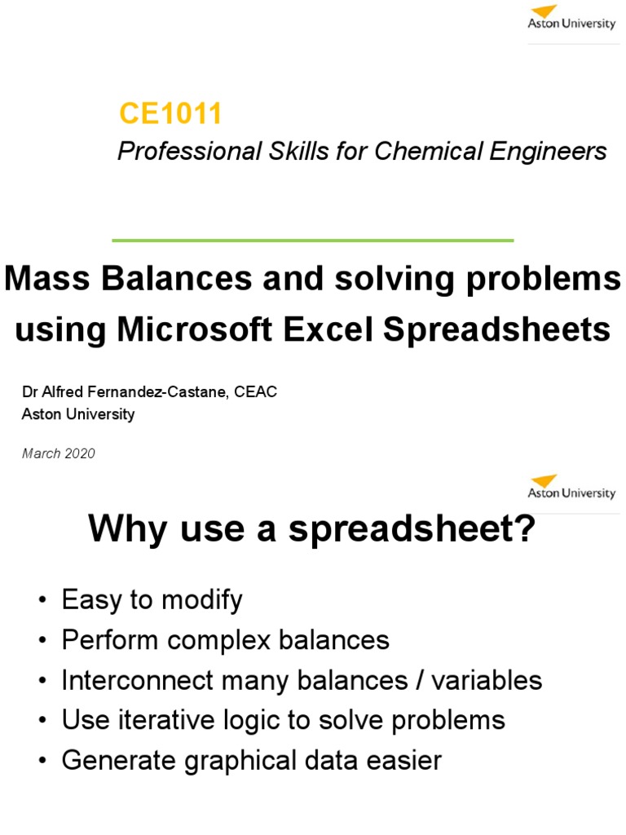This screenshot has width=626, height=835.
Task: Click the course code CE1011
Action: coord(170,114)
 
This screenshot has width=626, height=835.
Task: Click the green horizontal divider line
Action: coord(312,241)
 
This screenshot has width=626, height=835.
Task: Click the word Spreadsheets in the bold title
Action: coord(514,329)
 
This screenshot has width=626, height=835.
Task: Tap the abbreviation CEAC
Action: coord(256,392)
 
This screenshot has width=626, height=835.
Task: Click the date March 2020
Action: coord(59,453)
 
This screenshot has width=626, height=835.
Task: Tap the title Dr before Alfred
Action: coord(29,392)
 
